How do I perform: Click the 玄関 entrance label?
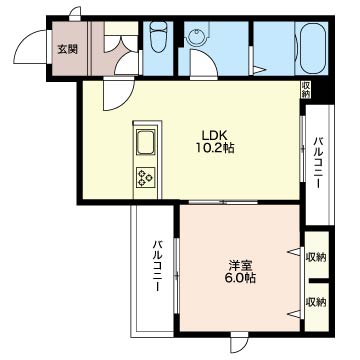pyautogui.click(x=68, y=50)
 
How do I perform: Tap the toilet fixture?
pyautogui.click(x=158, y=36)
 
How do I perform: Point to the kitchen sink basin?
pyautogui.click(x=146, y=142)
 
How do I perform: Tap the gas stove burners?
pyautogui.click(x=146, y=177)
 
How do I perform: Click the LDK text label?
pyautogui.click(x=214, y=136)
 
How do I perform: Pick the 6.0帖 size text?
pyautogui.click(x=240, y=277)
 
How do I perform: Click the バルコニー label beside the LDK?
pyautogui.click(x=318, y=163)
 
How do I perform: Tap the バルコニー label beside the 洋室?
pyautogui.click(x=158, y=266)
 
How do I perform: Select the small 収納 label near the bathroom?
pyautogui.click(x=306, y=90)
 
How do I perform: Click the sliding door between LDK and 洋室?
pyautogui.click(x=223, y=202)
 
